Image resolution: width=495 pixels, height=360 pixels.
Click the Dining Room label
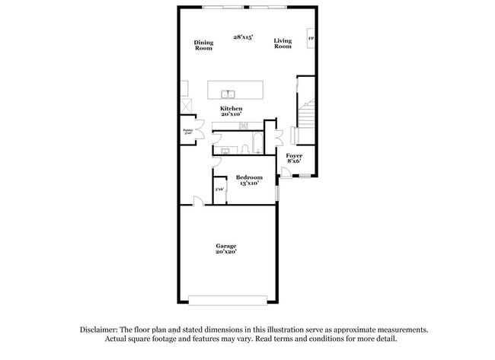click(203, 45)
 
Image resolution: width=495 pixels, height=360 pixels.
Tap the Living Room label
click(283, 43)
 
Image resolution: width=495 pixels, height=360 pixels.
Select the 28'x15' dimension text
click(243, 37)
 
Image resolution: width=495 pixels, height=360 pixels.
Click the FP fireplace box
click(311, 39)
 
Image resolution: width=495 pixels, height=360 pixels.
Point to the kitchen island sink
click(228, 94)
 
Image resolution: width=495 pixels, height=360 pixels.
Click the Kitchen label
click(232, 109)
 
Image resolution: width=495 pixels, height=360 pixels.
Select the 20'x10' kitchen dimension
click(232, 115)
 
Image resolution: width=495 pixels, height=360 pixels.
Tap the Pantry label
click(187, 131)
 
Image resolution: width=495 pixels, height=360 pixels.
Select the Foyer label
click(294, 156)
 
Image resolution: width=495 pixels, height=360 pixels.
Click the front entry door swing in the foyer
click(285, 172)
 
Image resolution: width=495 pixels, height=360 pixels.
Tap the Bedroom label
click(249, 177)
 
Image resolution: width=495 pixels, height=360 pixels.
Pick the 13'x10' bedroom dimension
click(249, 183)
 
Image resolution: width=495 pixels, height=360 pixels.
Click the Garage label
click(225, 246)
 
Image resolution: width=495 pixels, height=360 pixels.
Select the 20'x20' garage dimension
click(225, 252)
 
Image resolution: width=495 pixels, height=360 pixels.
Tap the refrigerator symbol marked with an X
click(185, 104)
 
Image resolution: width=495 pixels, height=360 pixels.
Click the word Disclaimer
click(101, 330)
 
